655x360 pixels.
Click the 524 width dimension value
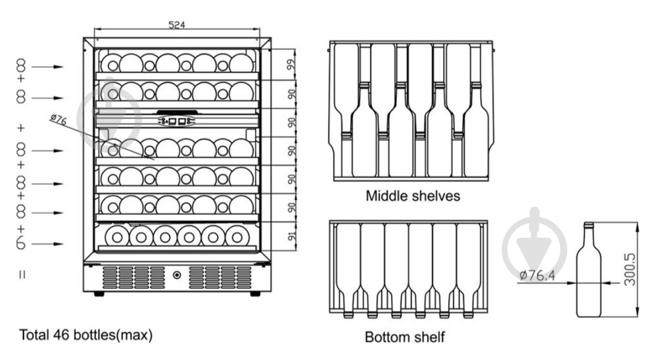(176, 25)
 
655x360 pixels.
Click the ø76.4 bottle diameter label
(537, 276)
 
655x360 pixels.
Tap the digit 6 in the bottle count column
(21, 243)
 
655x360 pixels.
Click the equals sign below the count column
(22, 274)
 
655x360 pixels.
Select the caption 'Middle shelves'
(413, 196)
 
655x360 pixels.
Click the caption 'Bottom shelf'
(405, 336)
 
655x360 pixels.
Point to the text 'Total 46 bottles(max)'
(87, 335)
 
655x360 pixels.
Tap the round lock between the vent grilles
(177, 276)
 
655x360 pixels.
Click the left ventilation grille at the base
(133, 277)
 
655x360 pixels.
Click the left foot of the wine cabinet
(99, 293)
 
